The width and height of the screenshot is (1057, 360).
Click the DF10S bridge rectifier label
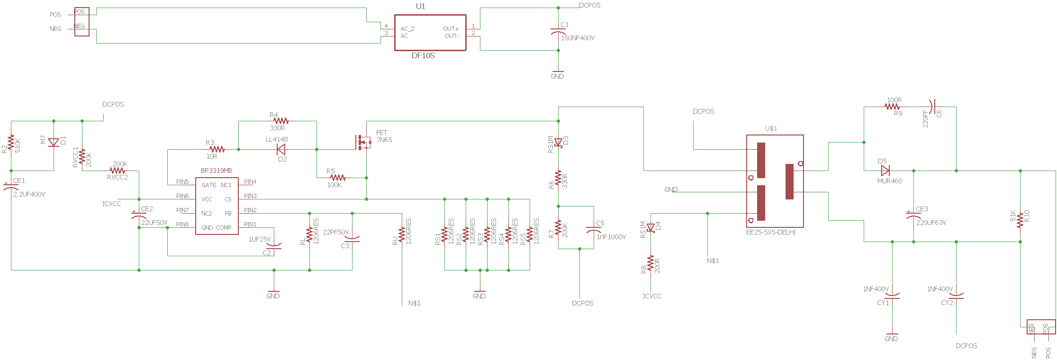point(423,55)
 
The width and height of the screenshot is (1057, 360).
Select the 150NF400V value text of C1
point(578,38)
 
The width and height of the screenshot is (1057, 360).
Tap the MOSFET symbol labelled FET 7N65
point(363,142)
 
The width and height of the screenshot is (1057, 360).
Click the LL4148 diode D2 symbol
point(281,150)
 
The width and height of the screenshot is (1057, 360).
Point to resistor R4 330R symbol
point(281,121)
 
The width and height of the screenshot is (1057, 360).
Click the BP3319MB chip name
point(217,171)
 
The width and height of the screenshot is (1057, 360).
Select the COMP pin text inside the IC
point(224,228)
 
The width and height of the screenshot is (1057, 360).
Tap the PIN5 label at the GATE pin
point(182,182)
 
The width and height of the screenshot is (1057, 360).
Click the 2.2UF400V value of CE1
point(29,194)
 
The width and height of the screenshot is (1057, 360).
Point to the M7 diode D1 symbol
point(54,142)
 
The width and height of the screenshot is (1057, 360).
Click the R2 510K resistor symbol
point(11,143)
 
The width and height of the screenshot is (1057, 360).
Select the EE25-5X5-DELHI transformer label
point(771,232)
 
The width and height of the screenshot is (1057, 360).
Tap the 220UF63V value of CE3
point(931,223)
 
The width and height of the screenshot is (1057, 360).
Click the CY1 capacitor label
point(883,303)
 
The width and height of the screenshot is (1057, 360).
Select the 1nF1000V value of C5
point(611,237)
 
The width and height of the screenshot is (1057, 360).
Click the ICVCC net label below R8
point(652,296)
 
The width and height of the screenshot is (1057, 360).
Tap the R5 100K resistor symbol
point(337,178)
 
